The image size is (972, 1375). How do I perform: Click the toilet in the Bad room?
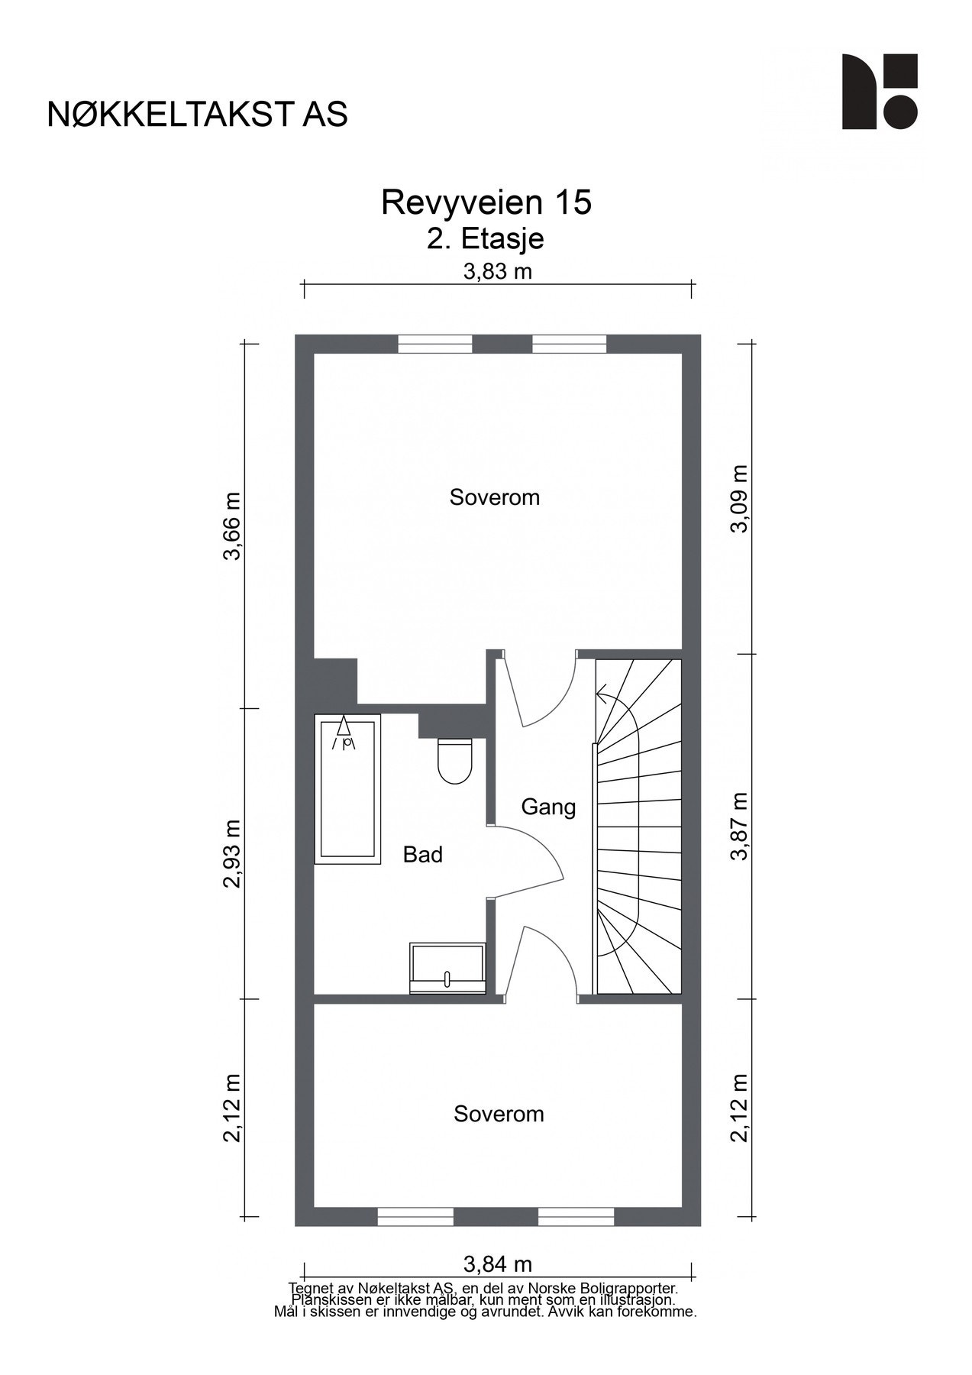tap(455, 761)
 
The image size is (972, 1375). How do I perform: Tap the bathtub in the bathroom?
tap(348, 789)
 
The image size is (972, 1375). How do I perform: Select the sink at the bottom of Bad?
tap(448, 969)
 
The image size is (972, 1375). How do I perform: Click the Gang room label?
tap(548, 807)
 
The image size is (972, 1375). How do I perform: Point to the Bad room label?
tap(423, 854)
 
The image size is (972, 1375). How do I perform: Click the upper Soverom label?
tap(495, 497)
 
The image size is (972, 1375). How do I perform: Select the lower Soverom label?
tap(499, 1114)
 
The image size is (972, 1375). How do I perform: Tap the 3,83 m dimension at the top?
tap(499, 271)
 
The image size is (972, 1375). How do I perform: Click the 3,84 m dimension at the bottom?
tap(498, 1263)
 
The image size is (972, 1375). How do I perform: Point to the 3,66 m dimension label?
tap(232, 526)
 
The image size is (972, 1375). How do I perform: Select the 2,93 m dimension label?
tap(232, 854)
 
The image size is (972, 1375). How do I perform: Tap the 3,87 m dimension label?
tap(740, 827)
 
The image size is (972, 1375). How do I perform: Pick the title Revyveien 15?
tap(486, 203)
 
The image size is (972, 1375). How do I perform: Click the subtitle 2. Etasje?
tap(486, 239)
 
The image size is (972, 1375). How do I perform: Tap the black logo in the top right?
tap(880, 92)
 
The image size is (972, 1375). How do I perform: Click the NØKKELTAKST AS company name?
tap(198, 115)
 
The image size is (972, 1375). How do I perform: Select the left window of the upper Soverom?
tap(435, 345)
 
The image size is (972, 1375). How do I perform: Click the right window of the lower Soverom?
tap(576, 1217)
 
